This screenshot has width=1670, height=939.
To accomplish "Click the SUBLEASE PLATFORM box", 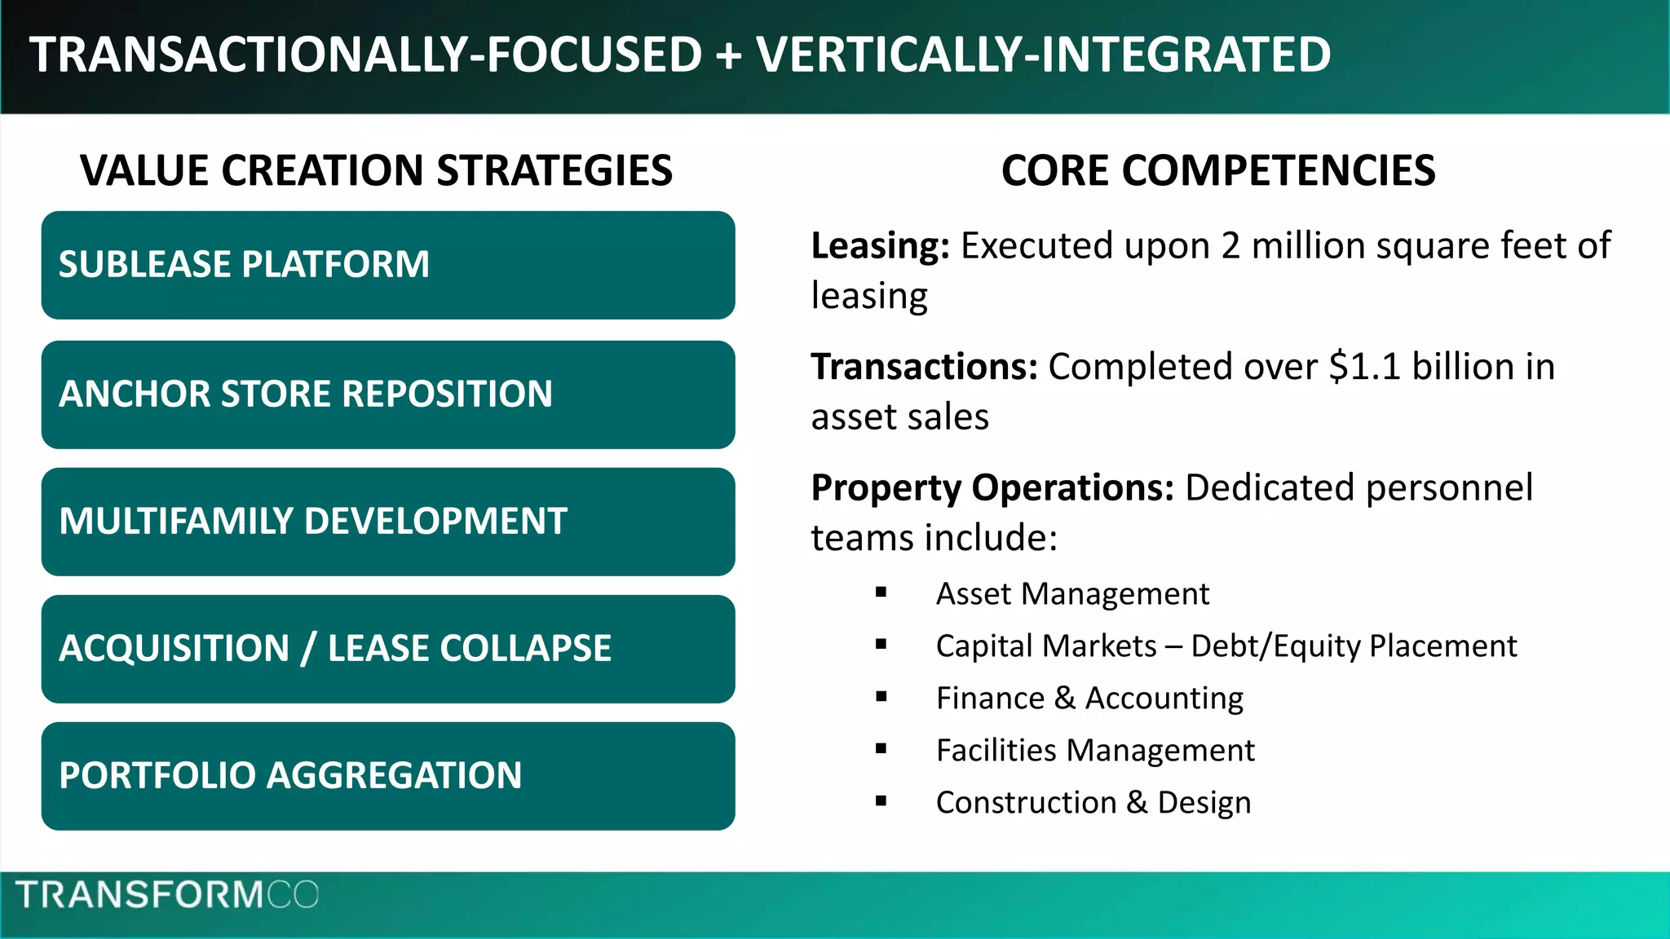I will (x=388, y=265).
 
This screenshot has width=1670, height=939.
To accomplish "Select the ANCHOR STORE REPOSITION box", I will (x=388, y=395).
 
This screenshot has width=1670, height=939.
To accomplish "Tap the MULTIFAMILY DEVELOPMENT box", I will (x=388, y=522).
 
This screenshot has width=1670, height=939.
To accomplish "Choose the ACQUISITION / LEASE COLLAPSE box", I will (x=388, y=649).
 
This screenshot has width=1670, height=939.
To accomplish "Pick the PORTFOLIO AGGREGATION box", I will (x=388, y=776).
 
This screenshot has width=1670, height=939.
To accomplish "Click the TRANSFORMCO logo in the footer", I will (x=167, y=895).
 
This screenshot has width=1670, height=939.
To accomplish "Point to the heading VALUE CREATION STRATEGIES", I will (x=376, y=171).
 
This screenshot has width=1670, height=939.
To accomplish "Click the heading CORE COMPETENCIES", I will (x=1218, y=171).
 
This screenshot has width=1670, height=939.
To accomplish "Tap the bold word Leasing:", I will (x=880, y=246).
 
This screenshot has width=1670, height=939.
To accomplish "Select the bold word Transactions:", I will (x=924, y=367).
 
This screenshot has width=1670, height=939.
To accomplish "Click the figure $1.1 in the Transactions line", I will (x=1364, y=367).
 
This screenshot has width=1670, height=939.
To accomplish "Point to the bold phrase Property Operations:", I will (x=992, y=487).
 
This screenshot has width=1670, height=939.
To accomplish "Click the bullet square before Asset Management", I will (x=881, y=593).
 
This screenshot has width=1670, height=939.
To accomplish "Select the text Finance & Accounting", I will (x=1089, y=699).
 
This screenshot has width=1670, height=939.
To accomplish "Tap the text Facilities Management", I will (x=1095, y=751).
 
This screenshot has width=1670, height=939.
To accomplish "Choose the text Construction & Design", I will (x=1093, y=803).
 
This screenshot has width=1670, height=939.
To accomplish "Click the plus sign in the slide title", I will (x=729, y=55).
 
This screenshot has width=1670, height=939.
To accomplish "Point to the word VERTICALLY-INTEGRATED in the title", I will (x=1044, y=55).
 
